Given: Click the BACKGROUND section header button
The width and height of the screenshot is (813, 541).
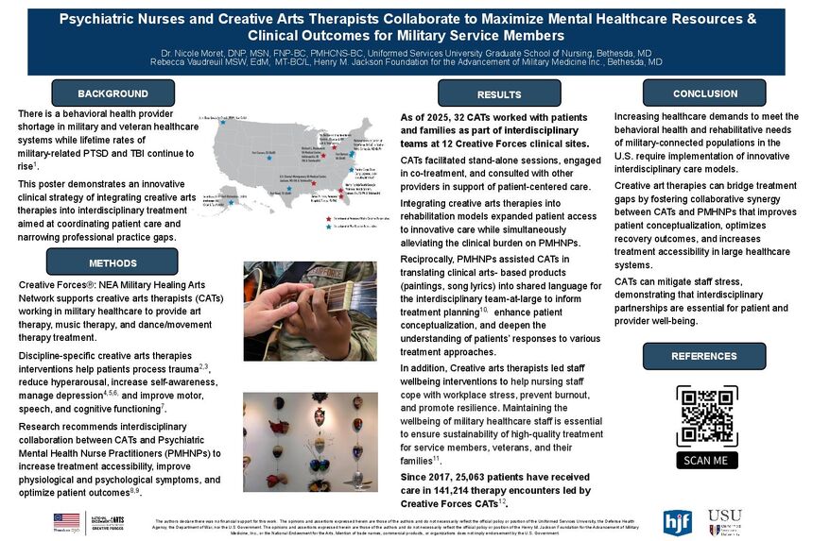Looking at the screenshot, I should (112, 93).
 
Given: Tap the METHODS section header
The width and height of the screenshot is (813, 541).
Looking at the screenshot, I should (112, 262).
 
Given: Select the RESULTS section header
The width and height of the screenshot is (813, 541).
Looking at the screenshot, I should (498, 94).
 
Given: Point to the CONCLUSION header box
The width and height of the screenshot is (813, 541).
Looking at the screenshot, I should (704, 93).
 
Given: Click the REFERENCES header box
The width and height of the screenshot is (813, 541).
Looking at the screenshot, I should (703, 356).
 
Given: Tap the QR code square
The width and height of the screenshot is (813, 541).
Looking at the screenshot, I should (707, 415).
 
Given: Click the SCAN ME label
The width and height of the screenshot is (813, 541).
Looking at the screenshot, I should (707, 460).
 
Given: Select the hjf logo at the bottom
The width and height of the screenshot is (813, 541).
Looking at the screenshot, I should (677, 521).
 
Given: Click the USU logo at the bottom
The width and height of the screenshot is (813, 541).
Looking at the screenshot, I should (724, 521).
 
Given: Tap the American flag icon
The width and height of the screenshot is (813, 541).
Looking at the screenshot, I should (67, 520).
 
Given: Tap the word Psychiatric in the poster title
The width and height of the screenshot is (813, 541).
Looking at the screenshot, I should (99, 18).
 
